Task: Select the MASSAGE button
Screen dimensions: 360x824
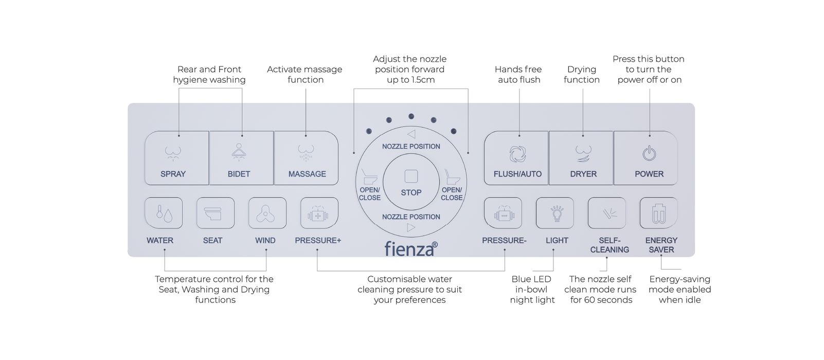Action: (307, 158)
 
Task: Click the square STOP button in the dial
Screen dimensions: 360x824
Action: (411, 177)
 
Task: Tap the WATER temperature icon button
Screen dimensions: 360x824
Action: (164, 213)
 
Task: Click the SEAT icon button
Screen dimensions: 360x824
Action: (216, 213)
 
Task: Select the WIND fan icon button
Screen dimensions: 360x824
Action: (267, 213)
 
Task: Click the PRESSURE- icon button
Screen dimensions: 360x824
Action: (503, 213)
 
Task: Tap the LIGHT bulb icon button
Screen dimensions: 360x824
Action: (555, 213)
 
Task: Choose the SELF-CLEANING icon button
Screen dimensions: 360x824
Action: (607, 213)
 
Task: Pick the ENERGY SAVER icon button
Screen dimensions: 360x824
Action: (658, 213)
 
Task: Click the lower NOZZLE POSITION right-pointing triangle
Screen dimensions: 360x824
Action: (411, 227)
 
